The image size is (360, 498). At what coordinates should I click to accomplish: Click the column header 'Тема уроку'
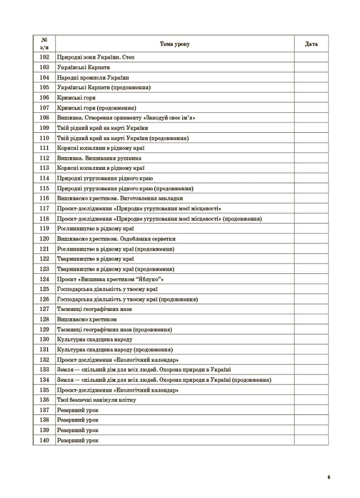tap(174, 44)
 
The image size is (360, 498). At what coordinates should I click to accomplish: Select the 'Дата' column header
tap(311, 44)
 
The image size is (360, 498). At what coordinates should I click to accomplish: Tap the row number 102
tap(45, 57)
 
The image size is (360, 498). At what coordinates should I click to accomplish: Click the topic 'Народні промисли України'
tap(92, 77)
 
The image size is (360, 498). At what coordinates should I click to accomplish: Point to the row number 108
tap(45, 117)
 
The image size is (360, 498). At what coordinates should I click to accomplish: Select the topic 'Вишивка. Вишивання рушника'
tap(95, 158)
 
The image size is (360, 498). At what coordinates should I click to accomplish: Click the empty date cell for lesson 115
tap(311, 188)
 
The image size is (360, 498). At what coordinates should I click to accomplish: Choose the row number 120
tap(45, 238)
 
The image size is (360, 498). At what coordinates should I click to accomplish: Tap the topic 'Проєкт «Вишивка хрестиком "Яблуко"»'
tap(110, 279)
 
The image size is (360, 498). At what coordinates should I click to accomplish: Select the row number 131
tap(45, 349)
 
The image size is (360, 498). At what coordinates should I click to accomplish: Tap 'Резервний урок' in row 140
tap(78, 440)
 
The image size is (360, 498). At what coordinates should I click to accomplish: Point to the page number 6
tap(328, 476)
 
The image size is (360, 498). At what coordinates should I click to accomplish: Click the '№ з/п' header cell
tap(45, 44)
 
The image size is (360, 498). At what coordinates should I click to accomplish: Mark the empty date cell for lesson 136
tap(311, 400)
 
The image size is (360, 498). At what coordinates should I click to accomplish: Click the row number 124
tap(45, 279)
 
